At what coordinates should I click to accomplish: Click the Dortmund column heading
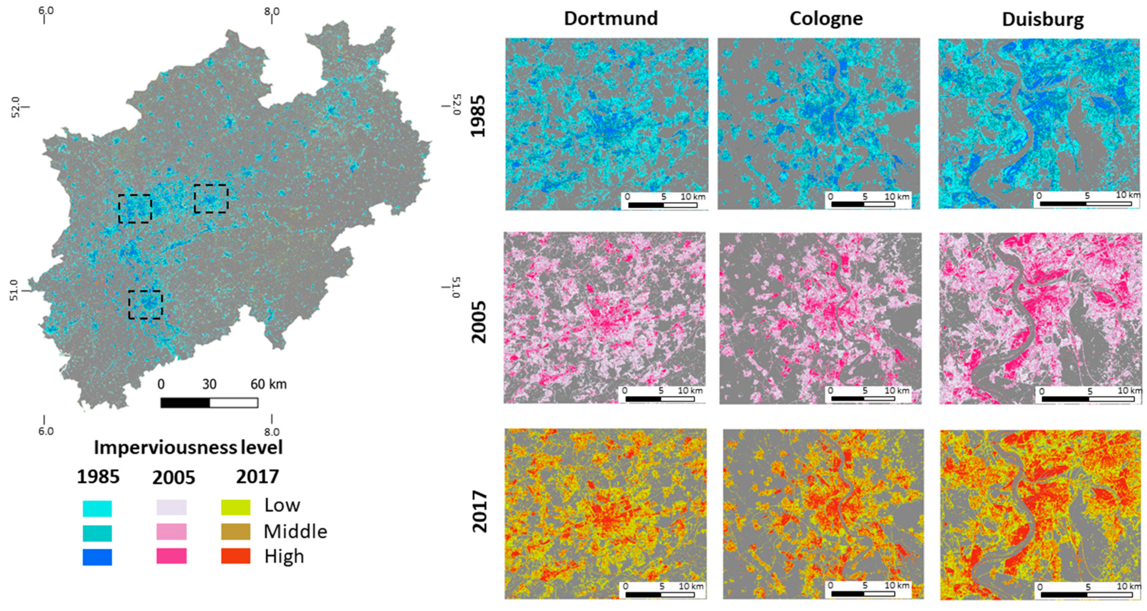pos(610,19)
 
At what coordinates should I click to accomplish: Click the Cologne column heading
pos(826,19)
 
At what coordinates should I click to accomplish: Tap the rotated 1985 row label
pos(479,116)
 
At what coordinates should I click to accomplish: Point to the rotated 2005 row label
pos(479,321)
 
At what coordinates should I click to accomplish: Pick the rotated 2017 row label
pos(479,511)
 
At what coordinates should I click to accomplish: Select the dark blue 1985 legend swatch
pos(97,557)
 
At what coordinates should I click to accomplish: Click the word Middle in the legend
pos(295,532)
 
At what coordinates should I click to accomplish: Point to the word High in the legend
pos(284,556)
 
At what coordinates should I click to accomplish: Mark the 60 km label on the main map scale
pos(268,384)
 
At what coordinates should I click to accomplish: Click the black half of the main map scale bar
pos(185,403)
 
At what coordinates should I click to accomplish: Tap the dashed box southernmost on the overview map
pos(145,305)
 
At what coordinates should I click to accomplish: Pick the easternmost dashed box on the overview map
pos(211,199)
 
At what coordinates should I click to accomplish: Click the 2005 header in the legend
pos(173,478)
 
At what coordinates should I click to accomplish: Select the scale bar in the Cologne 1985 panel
pos(863,204)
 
